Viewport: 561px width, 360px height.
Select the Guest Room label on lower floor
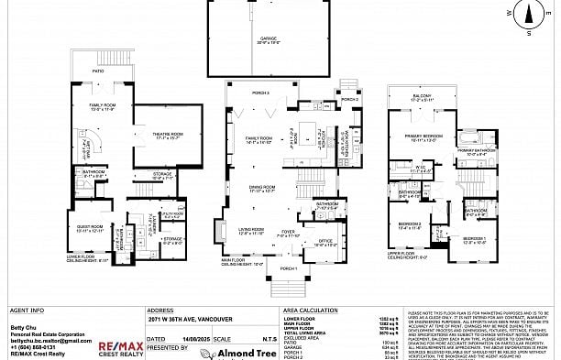point(90,229)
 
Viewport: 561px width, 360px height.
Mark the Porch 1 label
point(289,268)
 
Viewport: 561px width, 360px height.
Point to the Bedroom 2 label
point(410,224)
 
